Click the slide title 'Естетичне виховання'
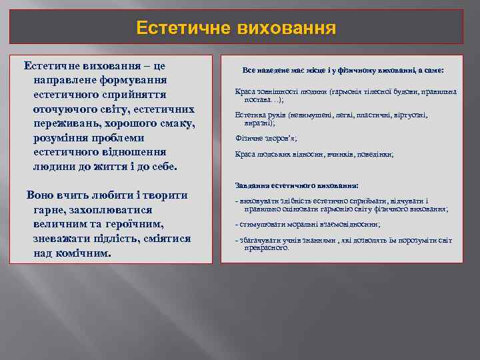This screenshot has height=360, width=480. click(x=236, y=28)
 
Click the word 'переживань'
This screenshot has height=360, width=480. click(x=69, y=123)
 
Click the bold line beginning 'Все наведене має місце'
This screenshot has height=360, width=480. click(x=343, y=70)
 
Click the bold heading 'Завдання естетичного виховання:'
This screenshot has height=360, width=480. click(x=297, y=185)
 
